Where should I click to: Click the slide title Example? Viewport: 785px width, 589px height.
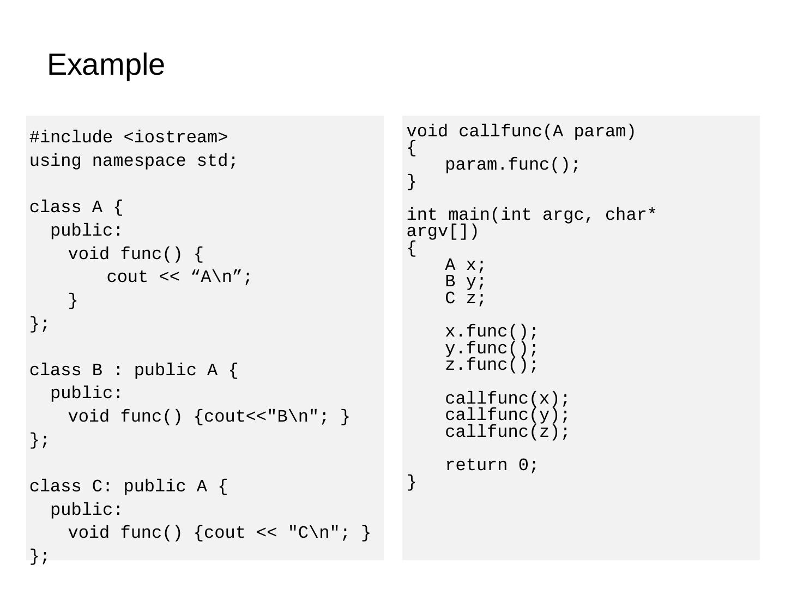coord(106,65)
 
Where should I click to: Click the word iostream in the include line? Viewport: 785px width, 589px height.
coord(176,137)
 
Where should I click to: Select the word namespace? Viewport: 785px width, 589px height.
coord(139,161)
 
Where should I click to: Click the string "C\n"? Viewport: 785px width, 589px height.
coord(314,532)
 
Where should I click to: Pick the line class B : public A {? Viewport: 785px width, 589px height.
coord(134,370)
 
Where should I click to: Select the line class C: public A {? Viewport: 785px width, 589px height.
coord(129,486)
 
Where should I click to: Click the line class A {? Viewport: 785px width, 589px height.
coord(76,207)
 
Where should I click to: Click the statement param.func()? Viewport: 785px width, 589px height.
coord(512,165)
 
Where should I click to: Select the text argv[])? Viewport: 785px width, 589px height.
coord(442,232)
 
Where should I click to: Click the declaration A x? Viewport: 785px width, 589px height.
coord(465,265)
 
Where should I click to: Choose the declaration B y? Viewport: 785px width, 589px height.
coord(465,281)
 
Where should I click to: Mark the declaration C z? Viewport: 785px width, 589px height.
coord(465,298)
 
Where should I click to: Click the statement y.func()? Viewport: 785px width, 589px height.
coord(491,348)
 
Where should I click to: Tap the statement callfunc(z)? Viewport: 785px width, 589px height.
coord(507,432)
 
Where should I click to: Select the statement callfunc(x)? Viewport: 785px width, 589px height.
coord(507,399)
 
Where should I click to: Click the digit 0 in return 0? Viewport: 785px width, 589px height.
coord(523,465)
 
